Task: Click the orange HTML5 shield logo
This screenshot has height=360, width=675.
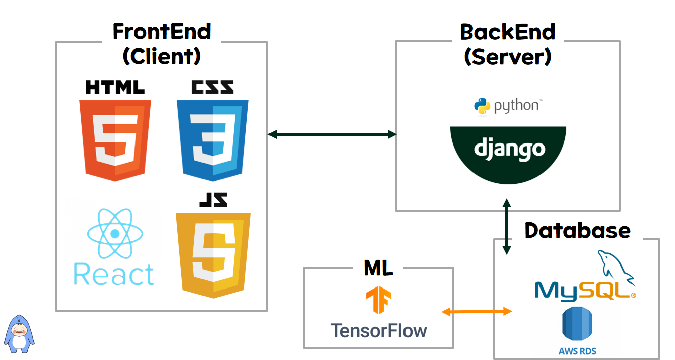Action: pyautogui.click(x=115, y=139)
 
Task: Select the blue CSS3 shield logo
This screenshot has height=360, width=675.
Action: pyautogui.click(x=213, y=139)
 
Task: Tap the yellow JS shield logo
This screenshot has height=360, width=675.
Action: pyautogui.click(x=213, y=254)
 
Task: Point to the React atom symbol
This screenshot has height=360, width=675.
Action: pyautogui.click(x=115, y=234)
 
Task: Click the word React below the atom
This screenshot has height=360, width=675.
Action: pyautogui.click(x=114, y=274)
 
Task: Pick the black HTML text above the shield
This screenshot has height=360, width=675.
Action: pyautogui.click(x=115, y=87)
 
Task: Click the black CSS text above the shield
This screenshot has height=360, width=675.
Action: pyautogui.click(x=212, y=87)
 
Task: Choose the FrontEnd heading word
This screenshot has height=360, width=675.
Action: pyautogui.click(x=162, y=32)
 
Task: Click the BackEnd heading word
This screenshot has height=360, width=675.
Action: pyautogui.click(x=507, y=32)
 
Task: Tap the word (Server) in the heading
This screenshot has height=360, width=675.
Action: pyautogui.click(x=507, y=57)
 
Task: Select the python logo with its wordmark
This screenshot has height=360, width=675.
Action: pyautogui.click(x=507, y=106)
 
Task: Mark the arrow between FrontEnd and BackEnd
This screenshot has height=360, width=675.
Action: pyautogui.click(x=332, y=134)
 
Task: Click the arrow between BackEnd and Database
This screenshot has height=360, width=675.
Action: pyautogui.click(x=507, y=227)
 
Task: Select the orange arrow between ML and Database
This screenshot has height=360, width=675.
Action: pyautogui.click(x=477, y=312)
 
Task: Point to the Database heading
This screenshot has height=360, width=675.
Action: pyautogui.click(x=577, y=230)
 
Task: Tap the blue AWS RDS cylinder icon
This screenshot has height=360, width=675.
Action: pyautogui.click(x=577, y=325)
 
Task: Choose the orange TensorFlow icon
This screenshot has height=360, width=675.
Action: pyautogui.click(x=378, y=300)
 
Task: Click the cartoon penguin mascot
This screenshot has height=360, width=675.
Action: pyautogui.click(x=20, y=333)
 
